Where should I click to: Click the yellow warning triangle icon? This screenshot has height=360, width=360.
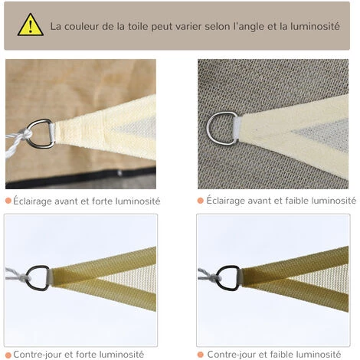click(x=31, y=25)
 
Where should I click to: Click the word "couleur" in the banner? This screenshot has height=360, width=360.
click(x=85, y=25)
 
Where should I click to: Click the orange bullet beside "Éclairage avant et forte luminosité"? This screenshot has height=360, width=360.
click(x=8, y=201)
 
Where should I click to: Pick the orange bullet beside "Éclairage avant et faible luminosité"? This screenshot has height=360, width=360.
click(x=200, y=201)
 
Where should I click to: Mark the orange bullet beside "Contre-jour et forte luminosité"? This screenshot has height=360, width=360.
click(x=8, y=354)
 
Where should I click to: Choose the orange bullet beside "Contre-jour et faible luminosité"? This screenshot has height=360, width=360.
click(x=200, y=354)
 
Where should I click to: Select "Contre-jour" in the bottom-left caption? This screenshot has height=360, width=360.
click(x=38, y=354)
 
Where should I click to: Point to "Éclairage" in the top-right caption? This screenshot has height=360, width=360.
click(x=228, y=201)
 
